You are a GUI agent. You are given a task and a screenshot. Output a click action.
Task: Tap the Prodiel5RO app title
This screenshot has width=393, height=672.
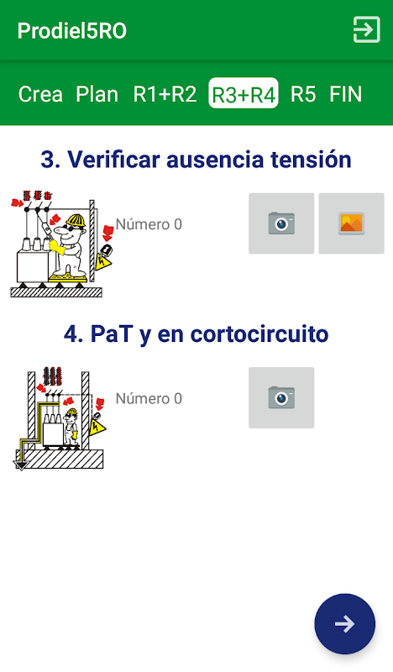72,31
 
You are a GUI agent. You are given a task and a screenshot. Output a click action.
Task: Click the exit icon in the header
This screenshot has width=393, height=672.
366,29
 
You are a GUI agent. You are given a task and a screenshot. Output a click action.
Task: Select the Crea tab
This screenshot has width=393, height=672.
40,94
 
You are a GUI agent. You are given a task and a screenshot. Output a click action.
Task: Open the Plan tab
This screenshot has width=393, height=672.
97,94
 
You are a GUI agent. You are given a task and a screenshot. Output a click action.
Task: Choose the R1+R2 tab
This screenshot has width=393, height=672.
165,94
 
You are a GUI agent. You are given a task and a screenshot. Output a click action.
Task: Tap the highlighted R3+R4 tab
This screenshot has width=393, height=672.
244,93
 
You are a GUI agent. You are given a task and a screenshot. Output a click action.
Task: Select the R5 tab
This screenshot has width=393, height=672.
303,94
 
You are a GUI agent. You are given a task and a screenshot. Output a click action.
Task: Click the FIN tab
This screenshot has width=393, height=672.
345,94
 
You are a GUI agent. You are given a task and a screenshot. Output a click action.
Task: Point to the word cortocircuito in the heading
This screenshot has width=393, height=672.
259,333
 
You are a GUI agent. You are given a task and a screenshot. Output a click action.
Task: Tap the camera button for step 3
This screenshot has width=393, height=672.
281,223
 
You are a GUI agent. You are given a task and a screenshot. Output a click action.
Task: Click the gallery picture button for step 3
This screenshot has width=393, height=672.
351,223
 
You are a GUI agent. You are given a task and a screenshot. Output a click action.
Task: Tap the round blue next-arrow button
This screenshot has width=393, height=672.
344,623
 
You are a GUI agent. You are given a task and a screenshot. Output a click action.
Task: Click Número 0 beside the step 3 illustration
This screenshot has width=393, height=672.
149,224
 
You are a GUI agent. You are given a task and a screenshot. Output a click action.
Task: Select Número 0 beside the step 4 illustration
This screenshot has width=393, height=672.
149,398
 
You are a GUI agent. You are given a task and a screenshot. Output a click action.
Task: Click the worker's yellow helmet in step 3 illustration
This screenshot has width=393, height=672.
76,220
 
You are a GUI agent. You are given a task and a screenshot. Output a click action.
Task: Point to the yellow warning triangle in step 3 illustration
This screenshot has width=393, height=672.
102,261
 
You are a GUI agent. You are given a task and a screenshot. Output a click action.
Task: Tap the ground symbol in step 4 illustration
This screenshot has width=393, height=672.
20,465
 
